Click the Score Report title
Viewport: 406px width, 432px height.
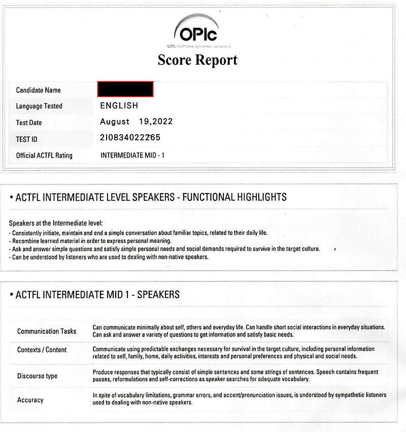(x=197, y=60)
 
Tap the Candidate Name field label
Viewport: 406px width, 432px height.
(x=39, y=90)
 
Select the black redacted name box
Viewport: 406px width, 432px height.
(x=125, y=89)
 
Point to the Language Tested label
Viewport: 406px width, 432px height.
(x=39, y=106)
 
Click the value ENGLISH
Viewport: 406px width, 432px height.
(x=119, y=106)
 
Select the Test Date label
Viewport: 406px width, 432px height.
(x=29, y=122)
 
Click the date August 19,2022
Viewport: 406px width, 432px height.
(x=136, y=121)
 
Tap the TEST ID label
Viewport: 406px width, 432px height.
(x=27, y=139)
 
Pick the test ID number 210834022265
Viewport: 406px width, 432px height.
(x=130, y=138)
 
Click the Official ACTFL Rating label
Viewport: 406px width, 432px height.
(x=44, y=155)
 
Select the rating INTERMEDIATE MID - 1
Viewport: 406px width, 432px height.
(x=132, y=155)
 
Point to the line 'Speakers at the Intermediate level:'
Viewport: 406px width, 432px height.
(x=56, y=224)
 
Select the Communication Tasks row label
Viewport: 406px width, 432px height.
(x=47, y=331)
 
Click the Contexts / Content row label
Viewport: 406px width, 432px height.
(x=42, y=350)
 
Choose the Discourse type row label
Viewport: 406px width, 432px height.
(x=37, y=376)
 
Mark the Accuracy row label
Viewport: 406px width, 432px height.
(x=30, y=400)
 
